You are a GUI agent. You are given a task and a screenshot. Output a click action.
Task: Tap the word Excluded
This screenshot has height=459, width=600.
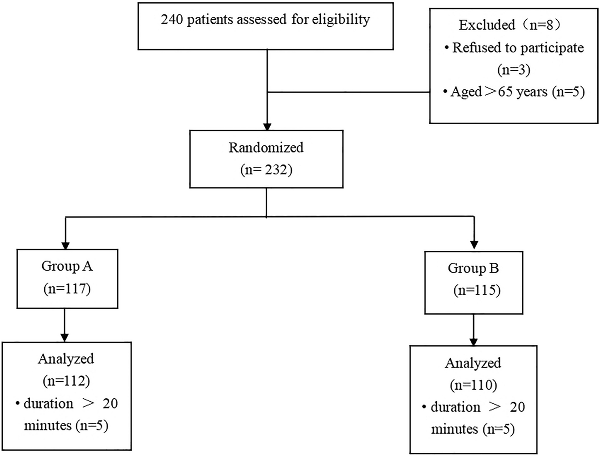coord(487,25)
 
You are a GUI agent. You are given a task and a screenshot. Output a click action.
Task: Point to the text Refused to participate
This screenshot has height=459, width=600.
coord(518,48)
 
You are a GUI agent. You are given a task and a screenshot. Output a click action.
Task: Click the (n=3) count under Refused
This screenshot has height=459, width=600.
coord(514,69)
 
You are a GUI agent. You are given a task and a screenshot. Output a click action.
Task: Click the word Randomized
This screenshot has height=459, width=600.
coord(266,148)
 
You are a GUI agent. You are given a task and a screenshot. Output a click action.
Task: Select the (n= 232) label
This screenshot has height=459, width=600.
coord(266,170)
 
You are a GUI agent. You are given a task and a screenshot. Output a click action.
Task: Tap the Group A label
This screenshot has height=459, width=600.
coord(67,266)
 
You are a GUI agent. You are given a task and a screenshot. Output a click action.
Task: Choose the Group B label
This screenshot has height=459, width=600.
coord(473,268)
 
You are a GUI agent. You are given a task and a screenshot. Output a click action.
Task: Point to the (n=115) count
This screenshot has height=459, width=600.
coord(477,290)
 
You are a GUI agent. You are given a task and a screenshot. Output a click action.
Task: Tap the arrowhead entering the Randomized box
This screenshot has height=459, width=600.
coord(267,127)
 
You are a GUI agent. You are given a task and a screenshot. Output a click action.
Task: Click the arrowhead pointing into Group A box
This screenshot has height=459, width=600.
coord(65,246)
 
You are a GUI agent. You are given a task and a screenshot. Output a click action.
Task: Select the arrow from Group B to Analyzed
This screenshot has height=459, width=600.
coord(474,329)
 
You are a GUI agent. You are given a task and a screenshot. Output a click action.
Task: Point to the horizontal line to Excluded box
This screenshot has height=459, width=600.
coord(349,92)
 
